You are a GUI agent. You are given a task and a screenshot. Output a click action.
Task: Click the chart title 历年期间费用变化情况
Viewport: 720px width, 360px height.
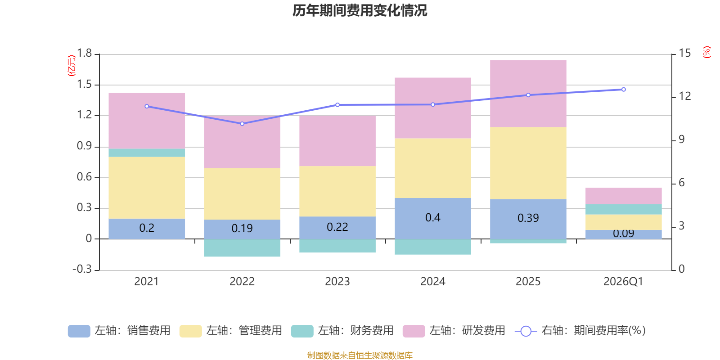360,10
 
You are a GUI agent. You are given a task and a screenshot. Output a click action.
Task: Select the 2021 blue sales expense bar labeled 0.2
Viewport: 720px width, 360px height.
147,229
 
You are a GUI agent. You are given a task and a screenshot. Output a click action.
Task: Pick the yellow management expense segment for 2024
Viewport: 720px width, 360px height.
432,168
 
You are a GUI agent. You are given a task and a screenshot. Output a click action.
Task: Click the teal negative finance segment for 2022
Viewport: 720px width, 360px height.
242,248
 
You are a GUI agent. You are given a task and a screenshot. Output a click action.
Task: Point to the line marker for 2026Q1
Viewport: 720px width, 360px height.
623,90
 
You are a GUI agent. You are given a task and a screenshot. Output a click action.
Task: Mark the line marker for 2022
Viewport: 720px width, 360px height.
242,124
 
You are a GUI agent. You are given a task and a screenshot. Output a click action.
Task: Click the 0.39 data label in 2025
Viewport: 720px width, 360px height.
528,218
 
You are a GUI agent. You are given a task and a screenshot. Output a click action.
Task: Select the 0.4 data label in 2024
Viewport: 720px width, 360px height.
432,218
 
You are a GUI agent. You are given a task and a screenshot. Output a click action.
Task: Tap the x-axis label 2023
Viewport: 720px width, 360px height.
337,282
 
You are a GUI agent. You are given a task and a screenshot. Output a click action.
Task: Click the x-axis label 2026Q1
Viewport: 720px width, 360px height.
623,282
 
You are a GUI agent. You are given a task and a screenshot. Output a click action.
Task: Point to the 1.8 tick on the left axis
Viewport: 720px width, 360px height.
84,54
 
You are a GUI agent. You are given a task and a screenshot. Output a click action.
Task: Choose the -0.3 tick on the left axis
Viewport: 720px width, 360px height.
82,269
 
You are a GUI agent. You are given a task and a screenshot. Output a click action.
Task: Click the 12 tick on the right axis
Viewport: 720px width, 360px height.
685,96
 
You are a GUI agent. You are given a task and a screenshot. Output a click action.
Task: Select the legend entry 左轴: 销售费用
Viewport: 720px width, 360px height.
119,331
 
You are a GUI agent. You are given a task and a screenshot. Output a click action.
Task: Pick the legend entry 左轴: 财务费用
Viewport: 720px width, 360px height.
342,331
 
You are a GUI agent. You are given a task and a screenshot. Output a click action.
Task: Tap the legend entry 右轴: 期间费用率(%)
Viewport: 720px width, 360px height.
580,331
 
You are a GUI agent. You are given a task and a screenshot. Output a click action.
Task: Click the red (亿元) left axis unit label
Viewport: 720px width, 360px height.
71,66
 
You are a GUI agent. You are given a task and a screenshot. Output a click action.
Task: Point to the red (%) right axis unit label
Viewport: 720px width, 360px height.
706,52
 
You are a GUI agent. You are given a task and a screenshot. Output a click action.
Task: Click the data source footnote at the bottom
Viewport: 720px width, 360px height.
360,355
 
